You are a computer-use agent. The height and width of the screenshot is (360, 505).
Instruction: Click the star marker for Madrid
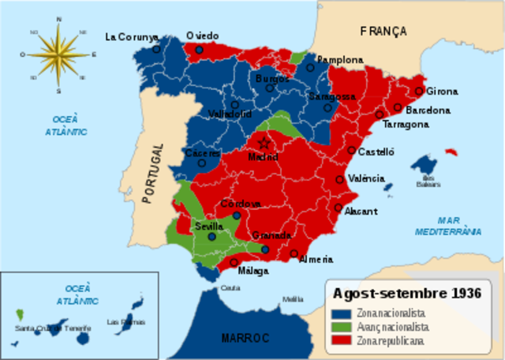click(264, 143)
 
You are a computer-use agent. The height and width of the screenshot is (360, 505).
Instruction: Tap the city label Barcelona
click(428, 111)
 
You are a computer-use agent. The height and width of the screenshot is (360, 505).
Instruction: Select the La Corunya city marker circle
click(156, 49)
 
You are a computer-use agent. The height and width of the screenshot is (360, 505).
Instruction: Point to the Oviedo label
click(203, 36)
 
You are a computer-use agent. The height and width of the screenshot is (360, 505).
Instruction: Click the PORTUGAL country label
click(155, 174)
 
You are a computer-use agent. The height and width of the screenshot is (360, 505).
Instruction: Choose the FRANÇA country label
click(383, 32)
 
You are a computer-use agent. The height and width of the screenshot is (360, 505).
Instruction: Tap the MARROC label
click(245, 338)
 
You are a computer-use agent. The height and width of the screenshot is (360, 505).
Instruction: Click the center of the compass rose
click(58, 54)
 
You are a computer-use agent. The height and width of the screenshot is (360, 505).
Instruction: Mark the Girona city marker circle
click(419, 91)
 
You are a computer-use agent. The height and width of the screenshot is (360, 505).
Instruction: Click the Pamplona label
click(340, 59)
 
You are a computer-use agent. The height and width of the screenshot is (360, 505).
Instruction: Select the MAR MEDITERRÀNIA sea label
click(448, 227)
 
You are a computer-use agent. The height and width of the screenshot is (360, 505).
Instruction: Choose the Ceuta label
click(230, 287)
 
